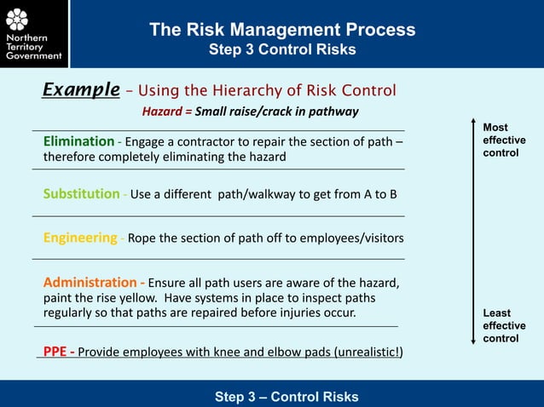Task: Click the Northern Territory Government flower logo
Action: [x=17, y=19]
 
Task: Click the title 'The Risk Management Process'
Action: [x=282, y=30]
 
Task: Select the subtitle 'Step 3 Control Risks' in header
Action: [x=282, y=50]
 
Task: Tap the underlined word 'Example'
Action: [x=81, y=90]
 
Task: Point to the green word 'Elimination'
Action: [x=79, y=141]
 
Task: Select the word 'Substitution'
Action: [x=82, y=193]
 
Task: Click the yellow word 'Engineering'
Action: [x=80, y=238]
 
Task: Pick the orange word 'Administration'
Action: [x=90, y=283]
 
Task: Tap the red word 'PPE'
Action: [x=57, y=353]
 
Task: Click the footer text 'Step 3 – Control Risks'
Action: [x=286, y=397]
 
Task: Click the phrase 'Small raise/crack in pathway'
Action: [x=276, y=112]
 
